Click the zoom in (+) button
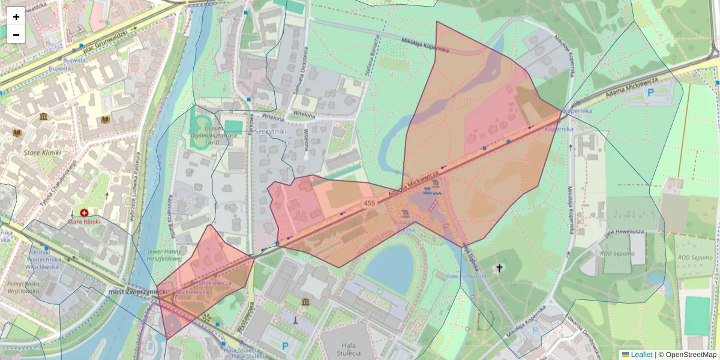click(16, 16)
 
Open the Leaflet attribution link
click(641, 355)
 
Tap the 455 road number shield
click(369, 205)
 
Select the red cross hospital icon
click(84, 212)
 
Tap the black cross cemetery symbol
click(499, 268)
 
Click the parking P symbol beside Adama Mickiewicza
click(650, 92)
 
